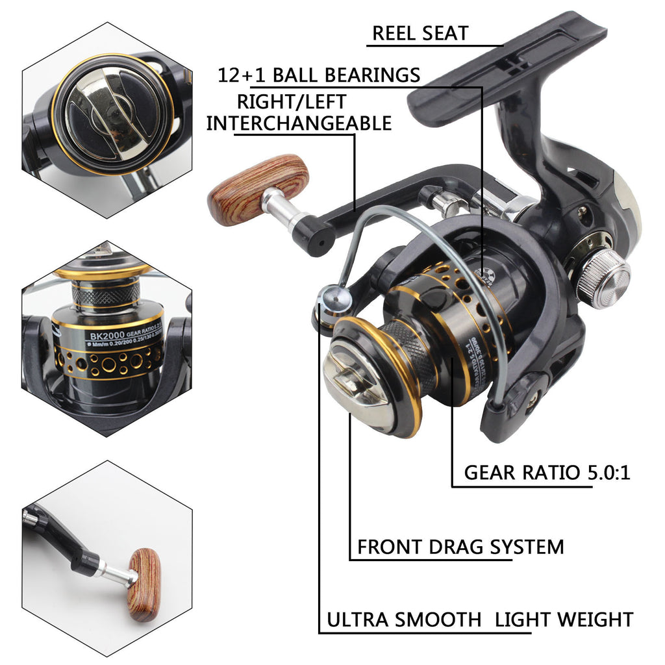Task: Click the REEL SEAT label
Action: (x=420, y=34)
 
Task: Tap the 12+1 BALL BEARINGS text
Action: (x=319, y=75)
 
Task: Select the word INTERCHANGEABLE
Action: (x=299, y=123)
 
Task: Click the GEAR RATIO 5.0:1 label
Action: (x=547, y=472)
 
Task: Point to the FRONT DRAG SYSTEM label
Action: (x=460, y=546)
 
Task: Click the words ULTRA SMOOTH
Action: (x=403, y=620)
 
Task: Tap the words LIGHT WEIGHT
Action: (x=564, y=620)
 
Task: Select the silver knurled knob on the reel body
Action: (x=603, y=279)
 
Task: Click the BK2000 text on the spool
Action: (x=108, y=336)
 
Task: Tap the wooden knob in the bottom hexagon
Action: (x=144, y=584)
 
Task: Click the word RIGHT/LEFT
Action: (x=291, y=101)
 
